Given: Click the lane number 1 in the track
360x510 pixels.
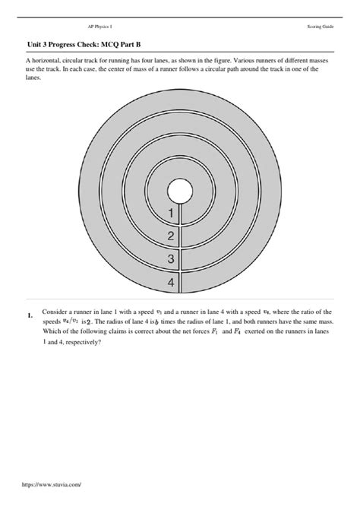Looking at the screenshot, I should tap(171, 213).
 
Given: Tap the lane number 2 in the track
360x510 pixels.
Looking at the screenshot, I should tap(171, 236).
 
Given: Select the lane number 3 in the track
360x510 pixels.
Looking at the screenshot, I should tap(171, 260).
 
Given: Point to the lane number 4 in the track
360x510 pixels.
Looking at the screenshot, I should tap(171, 283).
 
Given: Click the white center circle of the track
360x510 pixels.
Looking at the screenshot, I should tap(179, 190).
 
